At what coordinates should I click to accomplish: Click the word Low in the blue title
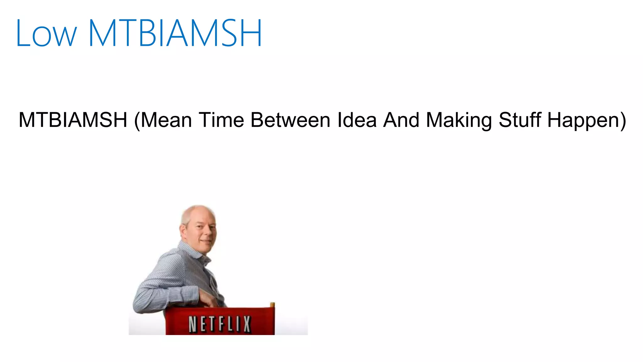46,34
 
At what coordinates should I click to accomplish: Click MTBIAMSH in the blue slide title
175,33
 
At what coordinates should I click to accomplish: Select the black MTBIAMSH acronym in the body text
73,120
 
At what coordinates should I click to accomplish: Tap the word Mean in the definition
167,120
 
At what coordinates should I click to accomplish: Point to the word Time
222,120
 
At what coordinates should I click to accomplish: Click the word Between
290,120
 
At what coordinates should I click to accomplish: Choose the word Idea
357,120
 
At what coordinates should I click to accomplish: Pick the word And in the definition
402,120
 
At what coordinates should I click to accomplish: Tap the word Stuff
520,120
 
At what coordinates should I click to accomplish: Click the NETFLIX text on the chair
220,324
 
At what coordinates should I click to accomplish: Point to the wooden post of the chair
272,305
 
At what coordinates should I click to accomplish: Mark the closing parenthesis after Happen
623,121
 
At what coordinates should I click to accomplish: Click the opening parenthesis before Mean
137,121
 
